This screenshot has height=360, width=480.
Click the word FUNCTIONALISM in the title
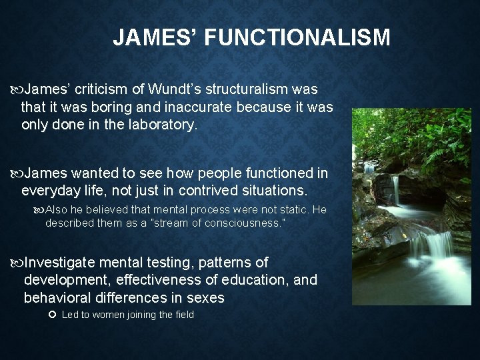297,38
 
